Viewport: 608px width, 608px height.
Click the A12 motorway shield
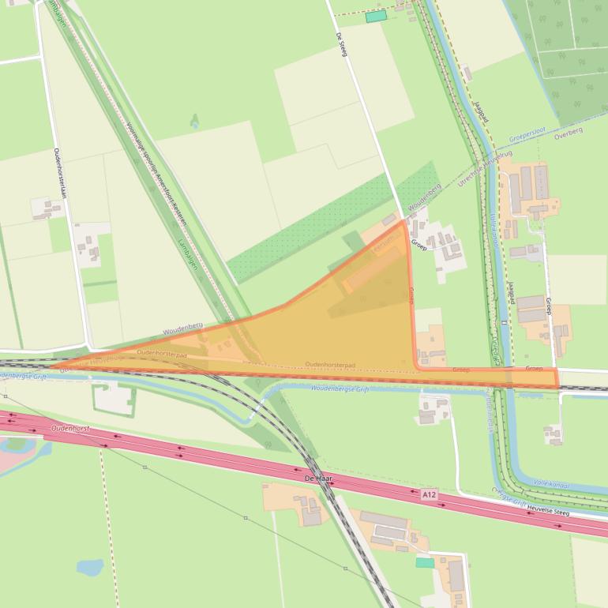pyautogui.click(x=428, y=495)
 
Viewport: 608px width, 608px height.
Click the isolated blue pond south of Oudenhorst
pyautogui.click(x=89, y=568)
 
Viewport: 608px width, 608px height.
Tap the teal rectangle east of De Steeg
pyautogui.click(x=376, y=17)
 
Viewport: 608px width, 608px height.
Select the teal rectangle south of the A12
pyautogui.click(x=425, y=563)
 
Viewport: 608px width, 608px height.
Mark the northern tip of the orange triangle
pyautogui.click(x=404, y=222)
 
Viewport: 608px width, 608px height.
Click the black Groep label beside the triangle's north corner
pyautogui.click(x=418, y=246)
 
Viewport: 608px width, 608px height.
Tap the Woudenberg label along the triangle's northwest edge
pyautogui.click(x=183, y=327)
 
